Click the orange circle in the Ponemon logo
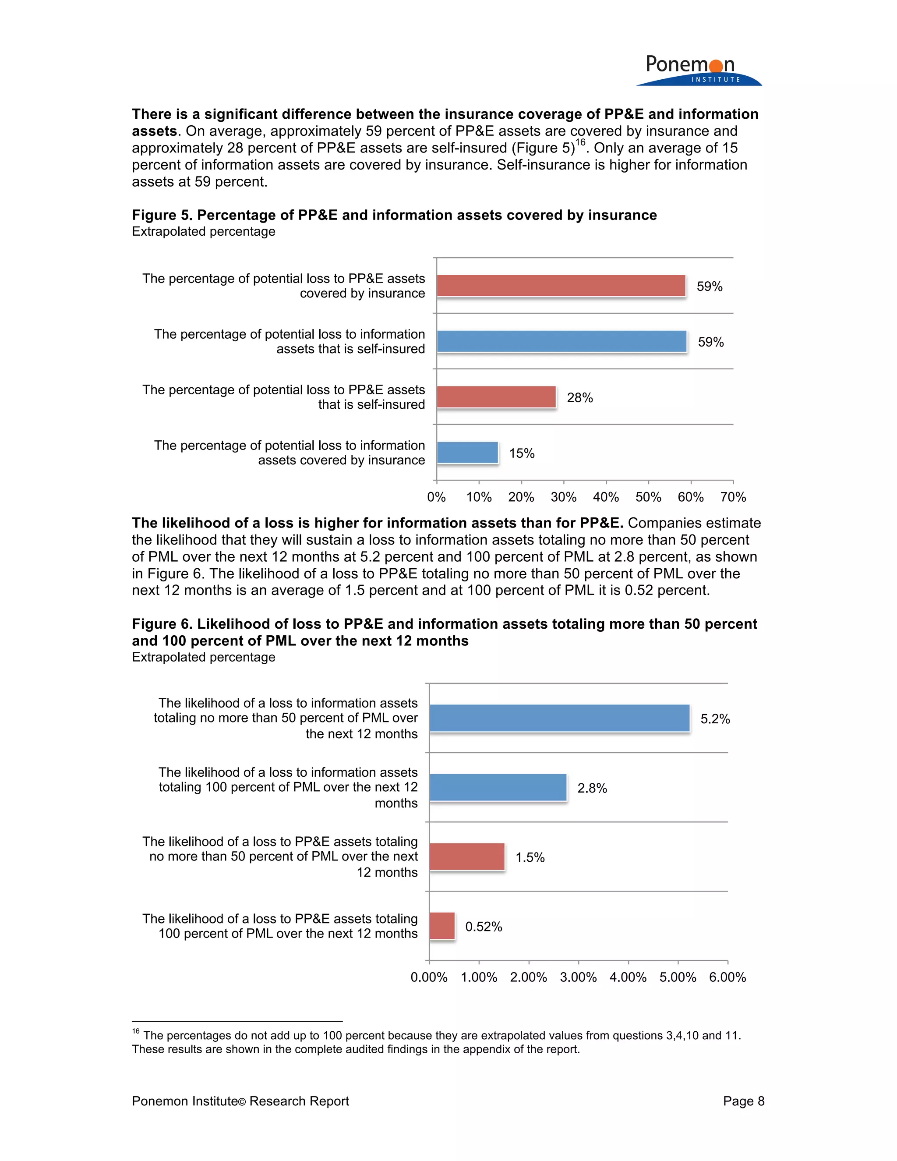click(x=716, y=66)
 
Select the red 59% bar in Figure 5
click(x=561, y=286)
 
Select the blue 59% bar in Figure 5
click(x=561, y=341)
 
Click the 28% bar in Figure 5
click(x=496, y=397)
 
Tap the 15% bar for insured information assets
click(x=467, y=453)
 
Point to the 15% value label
click(x=521, y=453)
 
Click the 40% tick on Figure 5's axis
click(x=606, y=497)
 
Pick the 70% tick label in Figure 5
click(x=733, y=497)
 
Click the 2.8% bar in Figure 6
click(x=498, y=787)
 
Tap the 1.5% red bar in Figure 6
click(x=466, y=857)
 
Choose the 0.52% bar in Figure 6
click(x=441, y=926)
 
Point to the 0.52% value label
click(x=484, y=927)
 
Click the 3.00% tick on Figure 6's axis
click(x=578, y=977)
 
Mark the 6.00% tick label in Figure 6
click(x=727, y=977)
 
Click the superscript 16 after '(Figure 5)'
click(x=580, y=142)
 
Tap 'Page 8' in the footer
click(x=743, y=1101)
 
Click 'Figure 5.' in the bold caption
click(x=162, y=215)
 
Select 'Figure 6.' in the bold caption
click(x=162, y=624)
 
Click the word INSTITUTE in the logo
click(x=715, y=80)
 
